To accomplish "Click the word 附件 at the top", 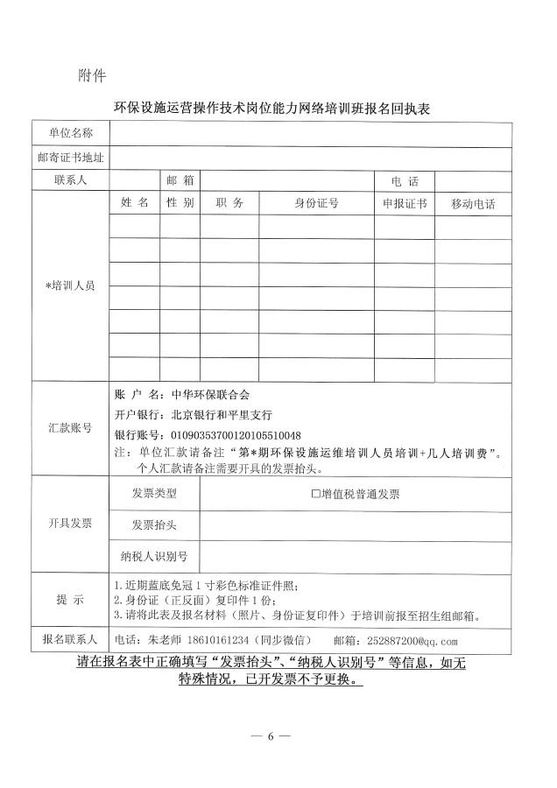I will pos(92,75).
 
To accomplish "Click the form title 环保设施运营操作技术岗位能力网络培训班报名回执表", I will pos(278,109).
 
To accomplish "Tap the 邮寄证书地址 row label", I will pos(70,158).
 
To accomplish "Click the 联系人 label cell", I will pos(70,180).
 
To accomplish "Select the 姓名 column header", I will pos(135,203).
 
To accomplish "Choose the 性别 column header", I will pos(180,203).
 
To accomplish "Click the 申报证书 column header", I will pos(404,203).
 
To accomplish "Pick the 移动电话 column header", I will pos(472,204).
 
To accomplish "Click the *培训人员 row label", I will pos(70,286).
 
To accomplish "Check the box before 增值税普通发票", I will pos(316,494).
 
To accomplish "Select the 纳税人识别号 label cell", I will pos(154,556).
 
